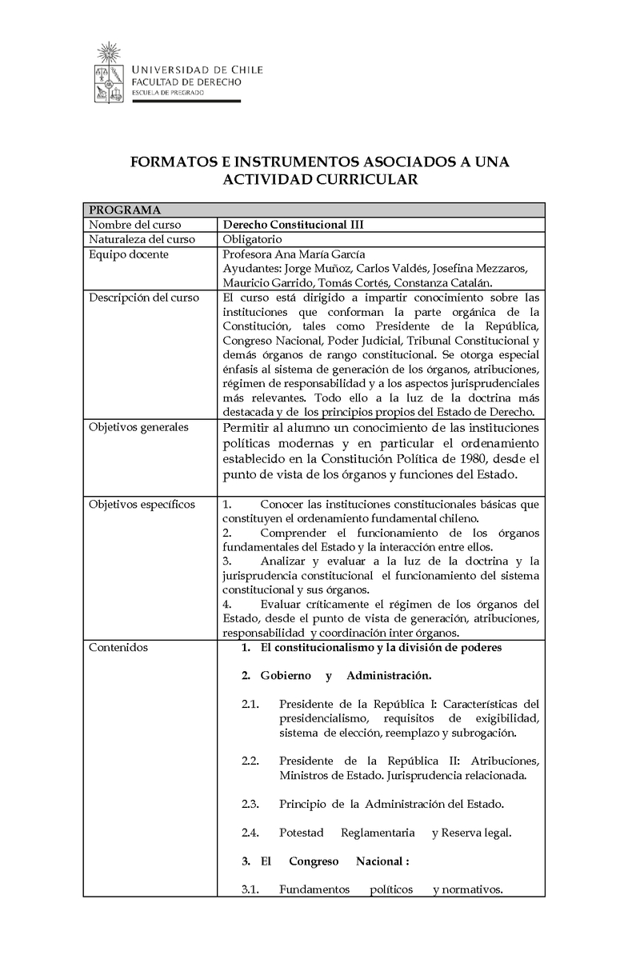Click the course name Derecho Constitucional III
(292, 225)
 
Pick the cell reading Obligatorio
(252, 239)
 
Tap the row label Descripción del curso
(144, 298)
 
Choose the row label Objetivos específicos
(142, 505)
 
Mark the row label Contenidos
(118, 647)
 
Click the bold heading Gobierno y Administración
(346, 676)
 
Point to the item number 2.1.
(250, 704)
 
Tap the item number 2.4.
(250, 833)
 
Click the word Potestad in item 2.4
(302, 833)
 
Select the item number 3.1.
(250, 889)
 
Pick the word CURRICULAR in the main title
(365, 180)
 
